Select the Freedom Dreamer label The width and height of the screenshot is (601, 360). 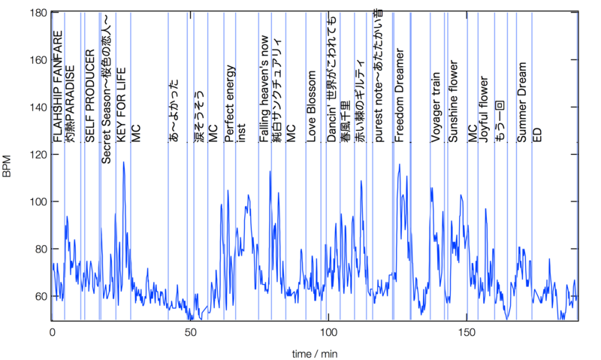point(400,95)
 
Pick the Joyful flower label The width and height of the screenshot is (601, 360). point(485,110)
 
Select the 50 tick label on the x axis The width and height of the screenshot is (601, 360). point(191,331)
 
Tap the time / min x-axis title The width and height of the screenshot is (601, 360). point(316,351)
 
